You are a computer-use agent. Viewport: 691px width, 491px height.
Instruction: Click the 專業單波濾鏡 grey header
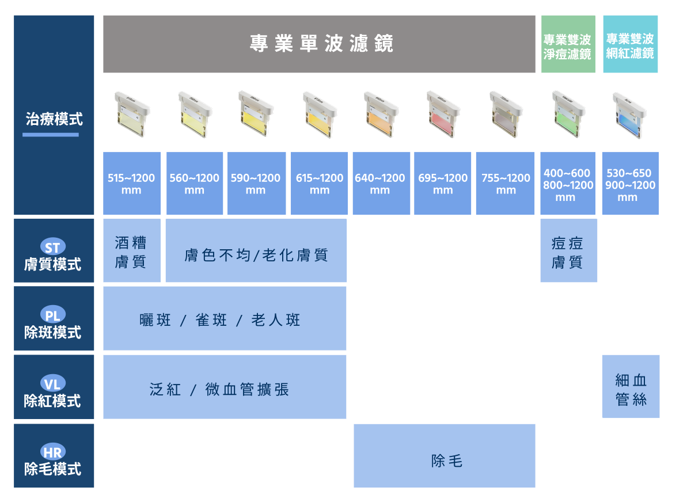point(319,44)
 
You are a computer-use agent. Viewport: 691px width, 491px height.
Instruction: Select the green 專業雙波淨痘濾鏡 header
point(568,44)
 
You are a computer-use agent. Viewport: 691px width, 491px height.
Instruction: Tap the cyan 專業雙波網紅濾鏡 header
point(630,44)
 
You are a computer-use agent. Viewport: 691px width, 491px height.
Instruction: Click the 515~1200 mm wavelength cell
point(132,184)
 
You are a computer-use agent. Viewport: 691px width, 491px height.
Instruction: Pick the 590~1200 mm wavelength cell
point(256,184)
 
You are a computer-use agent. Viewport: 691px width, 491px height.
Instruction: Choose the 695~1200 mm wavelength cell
point(443,184)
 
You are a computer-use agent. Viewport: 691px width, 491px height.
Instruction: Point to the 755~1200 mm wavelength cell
point(506,184)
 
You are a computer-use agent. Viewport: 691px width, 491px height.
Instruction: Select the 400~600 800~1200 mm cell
point(568,184)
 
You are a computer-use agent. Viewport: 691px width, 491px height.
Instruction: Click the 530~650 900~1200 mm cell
point(630,184)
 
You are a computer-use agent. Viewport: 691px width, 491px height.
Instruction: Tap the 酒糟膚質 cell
point(132,251)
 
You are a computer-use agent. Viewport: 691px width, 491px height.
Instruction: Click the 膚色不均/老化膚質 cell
point(256,251)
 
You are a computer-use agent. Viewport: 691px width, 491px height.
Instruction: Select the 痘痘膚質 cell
point(568,251)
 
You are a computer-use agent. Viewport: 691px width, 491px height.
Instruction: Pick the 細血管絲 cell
point(631,387)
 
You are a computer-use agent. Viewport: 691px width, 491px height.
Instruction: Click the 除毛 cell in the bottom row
point(445,456)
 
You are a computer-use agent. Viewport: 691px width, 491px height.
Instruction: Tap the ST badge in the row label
point(52,248)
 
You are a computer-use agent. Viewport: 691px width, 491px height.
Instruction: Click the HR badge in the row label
point(52,452)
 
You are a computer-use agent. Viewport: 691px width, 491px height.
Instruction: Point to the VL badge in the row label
point(52,383)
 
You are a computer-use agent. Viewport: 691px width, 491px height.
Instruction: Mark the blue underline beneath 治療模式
point(51,135)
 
